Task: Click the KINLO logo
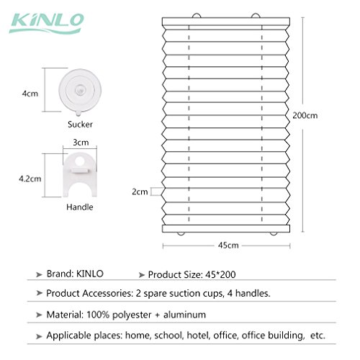tap(47, 23)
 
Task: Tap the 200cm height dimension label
tap(305, 115)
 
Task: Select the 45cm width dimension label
tap(228, 246)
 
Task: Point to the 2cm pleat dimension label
tap(140, 192)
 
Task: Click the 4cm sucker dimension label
tap(30, 94)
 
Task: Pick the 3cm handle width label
tap(81, 143)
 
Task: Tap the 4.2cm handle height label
tap(30, 179)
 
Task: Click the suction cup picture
tap(80, 91)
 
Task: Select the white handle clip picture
tap(80, 175)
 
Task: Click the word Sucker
tap(80, 125)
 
